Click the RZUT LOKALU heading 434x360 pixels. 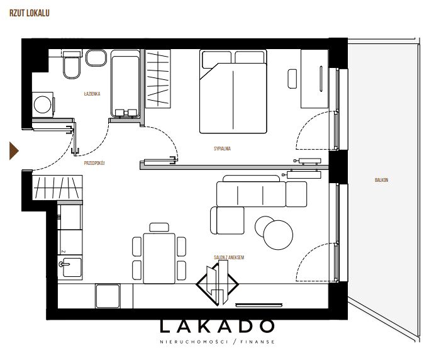click(30, 13)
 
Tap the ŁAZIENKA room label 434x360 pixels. click(92, 94)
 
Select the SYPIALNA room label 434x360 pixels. click(222, 149)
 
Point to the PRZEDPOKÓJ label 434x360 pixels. click(94, 163)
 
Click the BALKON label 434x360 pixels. click(381, 180)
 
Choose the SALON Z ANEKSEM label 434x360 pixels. click(229, 257)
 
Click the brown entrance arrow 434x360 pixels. click(14, 151)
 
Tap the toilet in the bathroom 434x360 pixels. click(72, 65)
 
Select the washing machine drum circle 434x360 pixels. click(42, 104)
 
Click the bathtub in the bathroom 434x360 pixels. click(125, 84)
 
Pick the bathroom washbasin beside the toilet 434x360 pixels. click(96, 58)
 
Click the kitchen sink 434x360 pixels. click(70, 267)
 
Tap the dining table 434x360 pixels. click(159, 259)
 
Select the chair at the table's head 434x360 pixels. click(159, 227)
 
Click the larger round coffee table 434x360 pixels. click(278, 235)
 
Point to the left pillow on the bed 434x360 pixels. click(216, 59)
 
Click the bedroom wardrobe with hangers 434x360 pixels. click(158, 79)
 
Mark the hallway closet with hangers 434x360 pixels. click(57, 188)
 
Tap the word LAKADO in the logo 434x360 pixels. click(217, 326)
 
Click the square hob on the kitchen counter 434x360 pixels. click(108, 296)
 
